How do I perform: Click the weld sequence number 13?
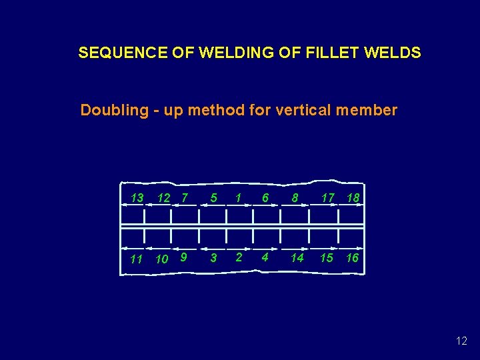coord(137,197)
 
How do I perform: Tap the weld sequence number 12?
coord(163,197)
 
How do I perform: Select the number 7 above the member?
coord(185,197)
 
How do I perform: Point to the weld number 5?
coord(213,197)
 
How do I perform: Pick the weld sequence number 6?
coord(265,197)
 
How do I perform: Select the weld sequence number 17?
coord(327,197)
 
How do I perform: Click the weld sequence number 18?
coord(353,197)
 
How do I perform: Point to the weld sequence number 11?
coord(136,259)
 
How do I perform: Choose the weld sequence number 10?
coord(161,259)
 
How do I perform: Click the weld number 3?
coord(213,258)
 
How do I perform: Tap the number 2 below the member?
coord(239,257)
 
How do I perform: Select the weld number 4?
coord(265,257)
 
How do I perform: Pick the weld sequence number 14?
coord(297,257)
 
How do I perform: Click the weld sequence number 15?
coord(326,257)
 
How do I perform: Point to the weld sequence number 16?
coord(353,257)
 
